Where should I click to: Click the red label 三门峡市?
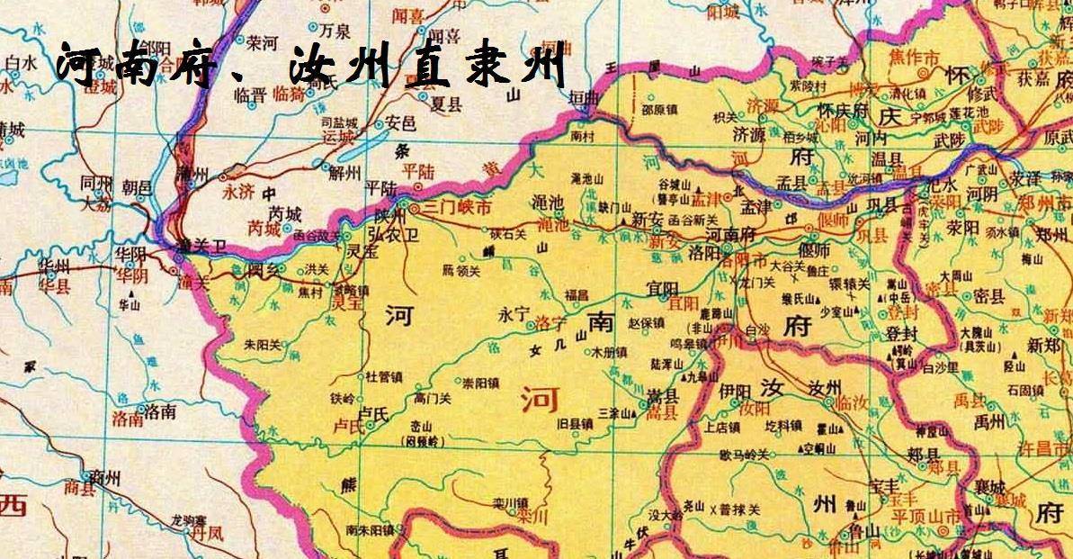(x=459, y=208)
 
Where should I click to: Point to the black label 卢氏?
(x=373, y=412)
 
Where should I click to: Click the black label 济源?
(x=755, y=133)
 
